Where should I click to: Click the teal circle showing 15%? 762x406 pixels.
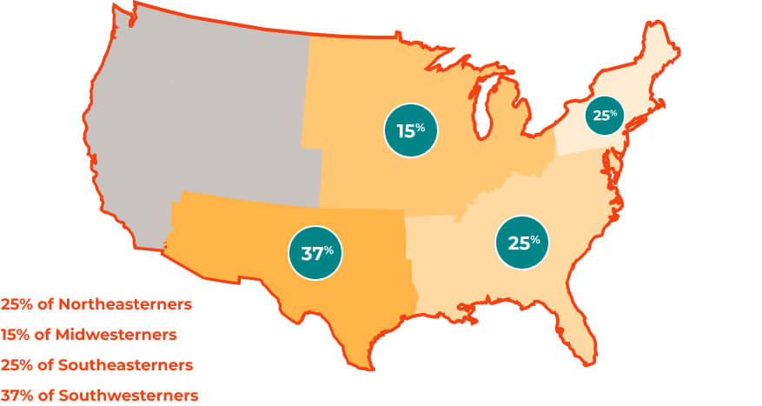pos(410,131)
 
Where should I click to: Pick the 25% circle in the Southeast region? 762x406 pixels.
pos(523,243)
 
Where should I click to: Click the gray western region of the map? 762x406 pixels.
pos(200,113)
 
